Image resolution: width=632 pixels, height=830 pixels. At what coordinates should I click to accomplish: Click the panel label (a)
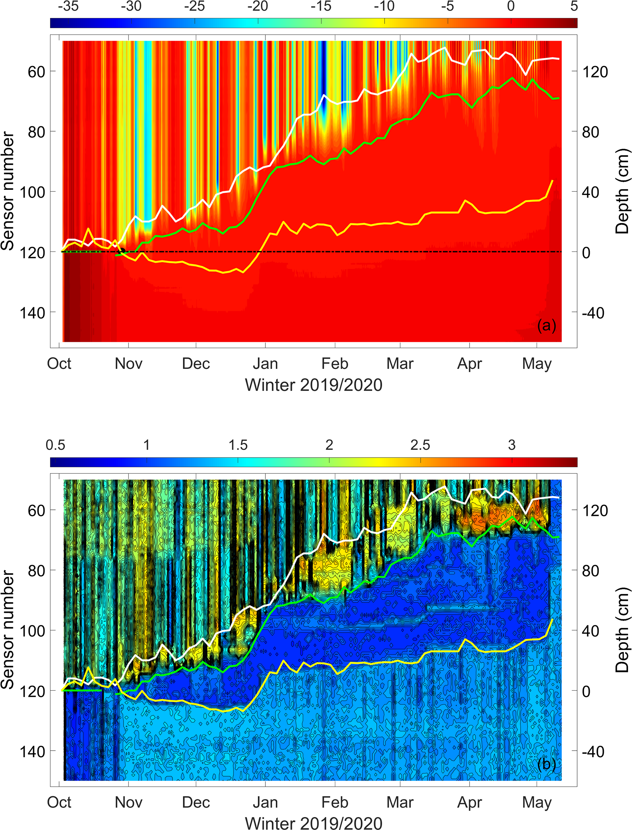point(546,325)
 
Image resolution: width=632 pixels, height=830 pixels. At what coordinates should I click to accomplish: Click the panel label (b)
point(546,764)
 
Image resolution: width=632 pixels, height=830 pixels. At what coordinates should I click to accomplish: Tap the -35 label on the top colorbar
point(68,6)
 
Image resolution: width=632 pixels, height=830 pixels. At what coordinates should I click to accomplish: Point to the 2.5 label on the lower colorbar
point(420,445)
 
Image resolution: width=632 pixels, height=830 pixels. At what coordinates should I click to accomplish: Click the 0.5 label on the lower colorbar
point(55,445)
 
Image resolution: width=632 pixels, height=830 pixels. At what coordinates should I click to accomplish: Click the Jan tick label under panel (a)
point(265,364)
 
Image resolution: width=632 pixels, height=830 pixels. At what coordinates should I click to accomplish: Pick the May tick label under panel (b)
point(537,803)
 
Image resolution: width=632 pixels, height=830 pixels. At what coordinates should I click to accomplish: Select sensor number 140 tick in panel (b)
point(32,752)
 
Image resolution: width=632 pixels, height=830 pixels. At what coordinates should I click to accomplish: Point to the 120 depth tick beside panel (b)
point(595,511)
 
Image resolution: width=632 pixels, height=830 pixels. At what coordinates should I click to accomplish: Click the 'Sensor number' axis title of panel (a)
point(8,191)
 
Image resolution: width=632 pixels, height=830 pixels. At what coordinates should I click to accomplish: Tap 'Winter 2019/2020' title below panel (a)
point(314,385)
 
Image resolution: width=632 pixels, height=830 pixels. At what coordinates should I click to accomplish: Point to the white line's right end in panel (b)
point(559,498)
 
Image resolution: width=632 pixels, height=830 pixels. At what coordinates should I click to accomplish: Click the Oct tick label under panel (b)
point(59,803)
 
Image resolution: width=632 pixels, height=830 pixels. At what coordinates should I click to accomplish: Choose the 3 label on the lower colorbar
point(512,445)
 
